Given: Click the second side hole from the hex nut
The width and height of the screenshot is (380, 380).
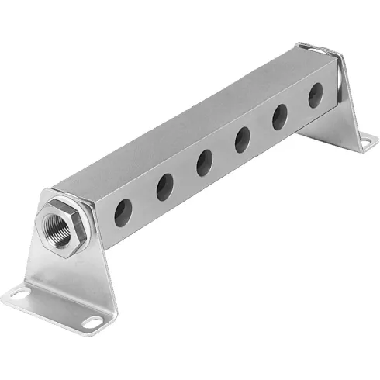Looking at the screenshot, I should tap(164, 187).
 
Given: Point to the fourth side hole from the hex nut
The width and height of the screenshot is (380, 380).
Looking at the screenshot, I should tap(243, 140).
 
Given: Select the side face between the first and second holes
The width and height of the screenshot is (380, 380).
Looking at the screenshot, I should tap(144, 202).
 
